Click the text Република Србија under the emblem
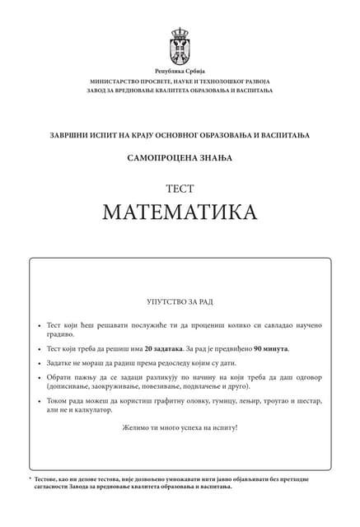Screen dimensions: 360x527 tap(180, 72)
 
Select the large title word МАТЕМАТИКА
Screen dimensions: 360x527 tap(180, 212)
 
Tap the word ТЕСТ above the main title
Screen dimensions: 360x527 tap(180, 189)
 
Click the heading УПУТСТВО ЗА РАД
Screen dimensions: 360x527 tap(180, 302)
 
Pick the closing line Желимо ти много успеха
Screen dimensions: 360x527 tap(180, 427)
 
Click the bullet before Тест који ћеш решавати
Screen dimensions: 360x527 tap(40, 326)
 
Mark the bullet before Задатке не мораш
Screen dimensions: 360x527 tap(40, 363)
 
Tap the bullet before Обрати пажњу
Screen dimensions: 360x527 tap(40, 378)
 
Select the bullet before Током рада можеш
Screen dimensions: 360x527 tap(40, 401)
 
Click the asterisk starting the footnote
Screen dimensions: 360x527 tap(30, 478)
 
